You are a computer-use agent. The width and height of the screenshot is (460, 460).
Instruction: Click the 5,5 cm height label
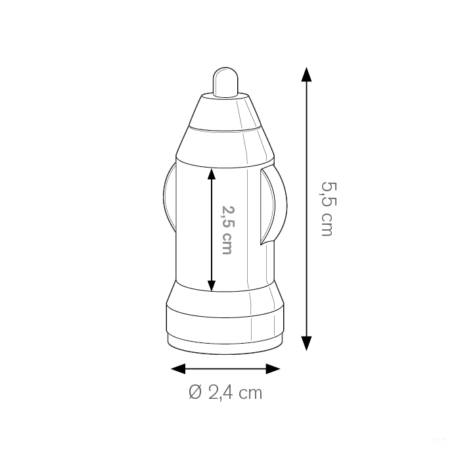click(x=327, y=209)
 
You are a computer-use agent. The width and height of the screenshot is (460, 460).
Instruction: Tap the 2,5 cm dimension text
click(x=227, y=230)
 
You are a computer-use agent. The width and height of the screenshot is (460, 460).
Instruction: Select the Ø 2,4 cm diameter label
click(x=225, y=392)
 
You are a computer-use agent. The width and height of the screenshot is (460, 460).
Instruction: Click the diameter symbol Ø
click(x=195, y=392)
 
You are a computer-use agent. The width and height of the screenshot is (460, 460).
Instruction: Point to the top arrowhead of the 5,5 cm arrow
click(x=306, y=74)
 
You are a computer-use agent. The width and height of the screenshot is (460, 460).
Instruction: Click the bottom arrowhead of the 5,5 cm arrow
click(x=306, y=344)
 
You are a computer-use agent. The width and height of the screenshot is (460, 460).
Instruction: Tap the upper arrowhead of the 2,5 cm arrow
click(x=212, y=174)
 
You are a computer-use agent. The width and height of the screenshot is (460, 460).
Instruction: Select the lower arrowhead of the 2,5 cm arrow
click(x=212, y=286)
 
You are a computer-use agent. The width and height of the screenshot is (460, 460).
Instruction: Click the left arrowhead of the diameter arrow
click(x=178, y=369)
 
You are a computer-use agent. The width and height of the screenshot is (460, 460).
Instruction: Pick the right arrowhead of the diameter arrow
click(x=273, y=369)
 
